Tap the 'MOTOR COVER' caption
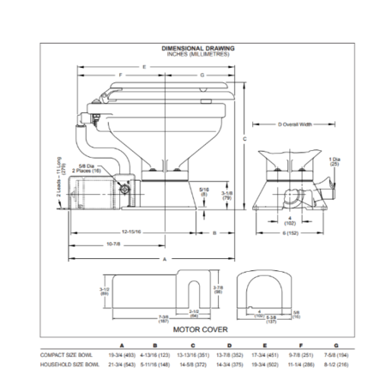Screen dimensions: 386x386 point(192,329)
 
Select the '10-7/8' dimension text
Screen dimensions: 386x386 point(113,244)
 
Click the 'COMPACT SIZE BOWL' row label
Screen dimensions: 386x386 point(66,353)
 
